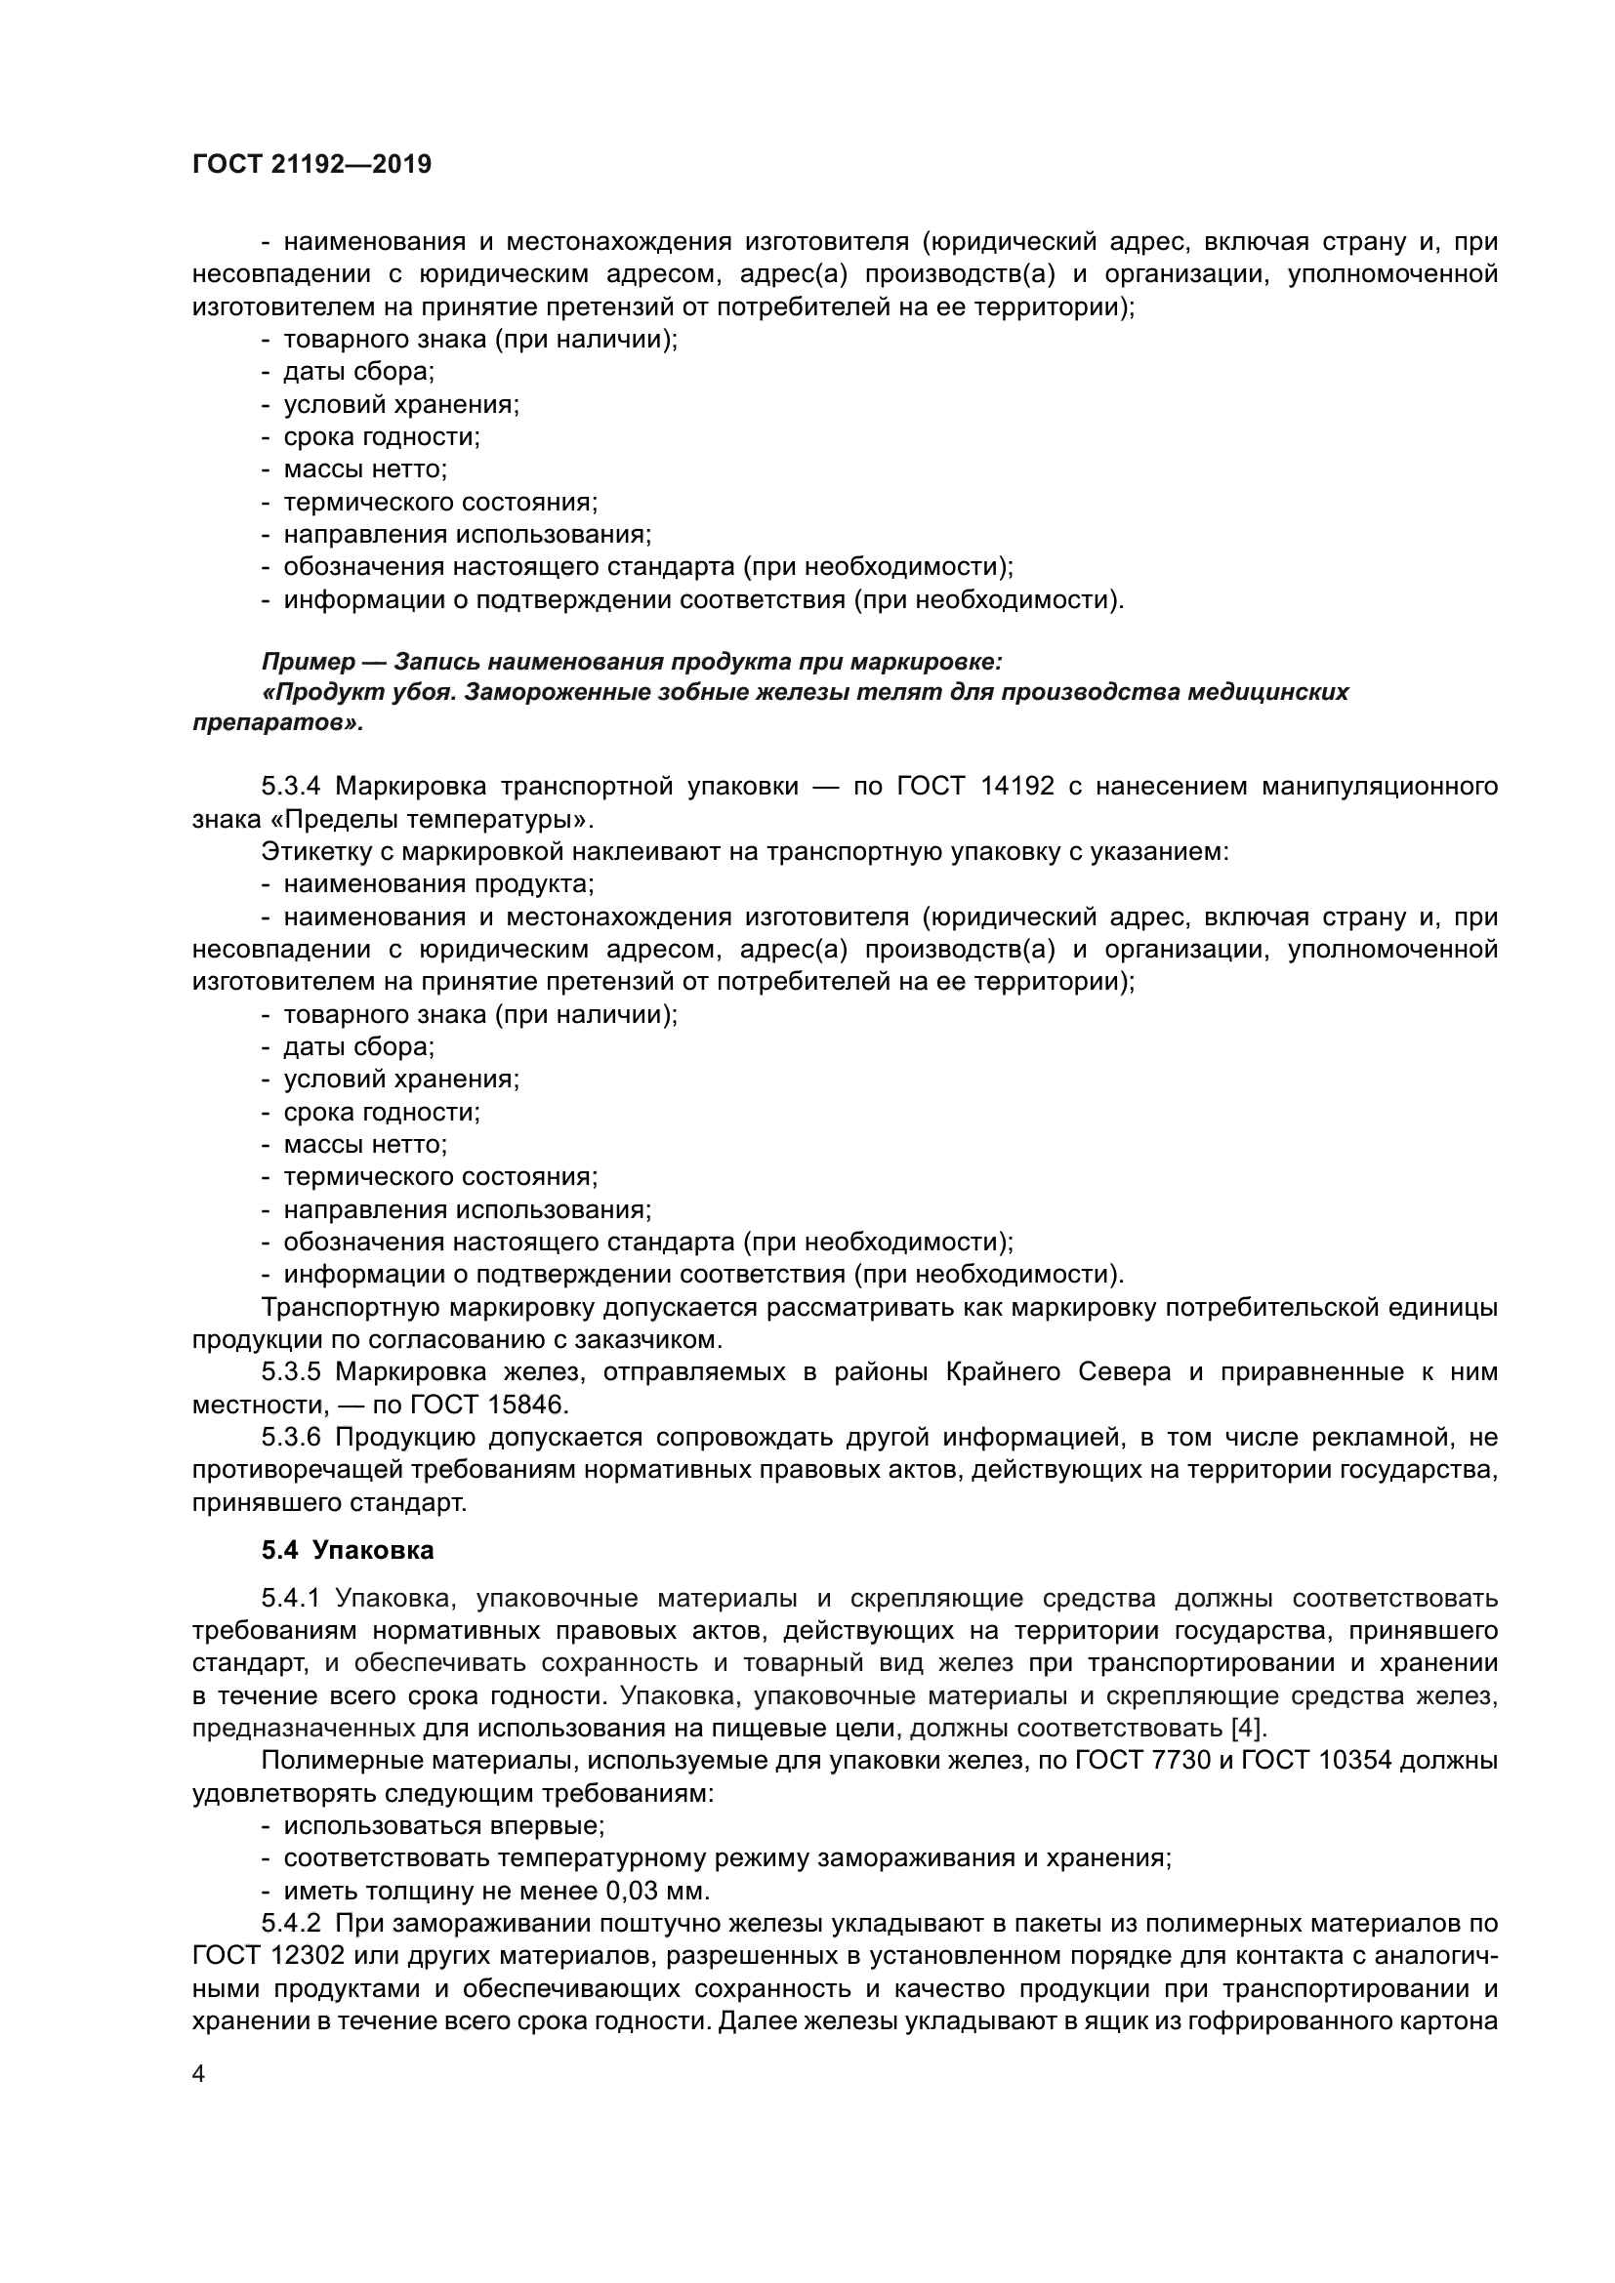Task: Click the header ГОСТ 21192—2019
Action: coord(311,165)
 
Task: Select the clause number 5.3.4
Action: coord(290,787)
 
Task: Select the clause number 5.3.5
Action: coord(290,1373)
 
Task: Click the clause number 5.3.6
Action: coord(290,1438)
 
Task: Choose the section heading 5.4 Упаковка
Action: coord(348,1550)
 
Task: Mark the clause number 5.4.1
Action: coord(290,1599)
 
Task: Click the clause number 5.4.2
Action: coord(290,1923)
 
